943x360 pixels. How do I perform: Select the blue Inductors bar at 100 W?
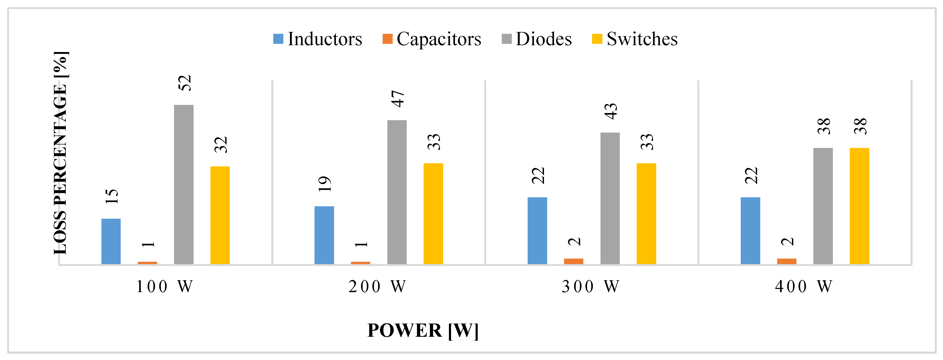pyautogui.click(x=111, y=241)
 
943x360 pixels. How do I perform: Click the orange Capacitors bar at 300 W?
pyautogui.click(x=574, y=261)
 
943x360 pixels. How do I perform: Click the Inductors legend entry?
pyautogui.click(x=317, y=39)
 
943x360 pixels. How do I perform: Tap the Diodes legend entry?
pyautogui.click(x=536, y=39)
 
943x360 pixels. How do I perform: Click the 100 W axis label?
pyautogui.click(x=164, y=286)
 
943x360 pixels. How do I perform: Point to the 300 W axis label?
pyautogui.click(x=590, y=286)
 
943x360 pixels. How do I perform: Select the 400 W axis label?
pyautogui.click(x=804, y=286)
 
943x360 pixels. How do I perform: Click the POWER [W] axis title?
pyautogui.click(x=423, y=330)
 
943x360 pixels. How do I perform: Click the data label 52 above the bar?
pyautogui.click(x=185, y=83)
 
